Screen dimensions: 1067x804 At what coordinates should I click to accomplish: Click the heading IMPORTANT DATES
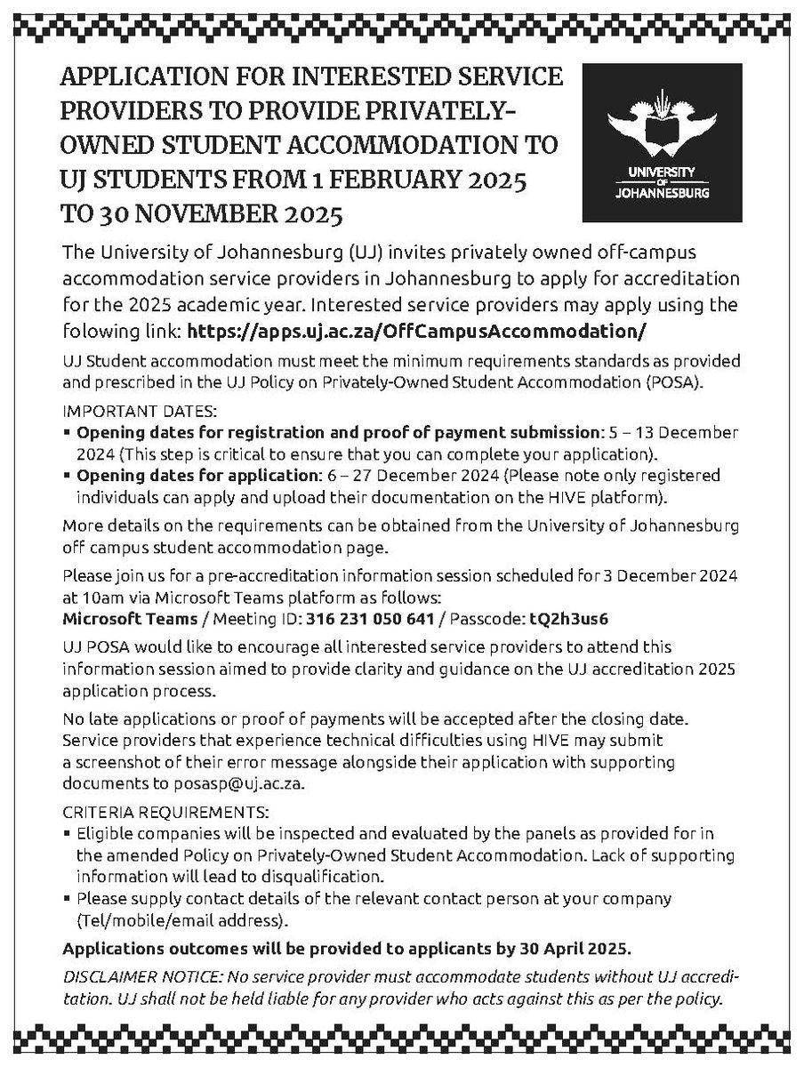pos(125,413)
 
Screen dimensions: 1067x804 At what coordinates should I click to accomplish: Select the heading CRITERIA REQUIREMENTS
pos(164,813)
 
